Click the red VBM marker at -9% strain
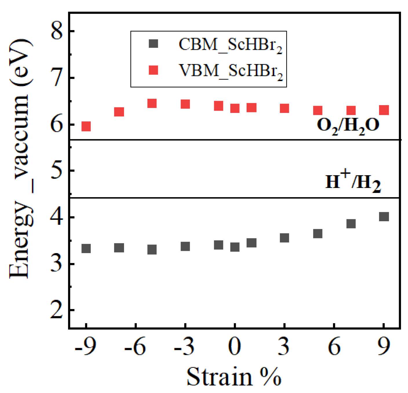pos(86,127)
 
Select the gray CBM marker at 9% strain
pos(384,217)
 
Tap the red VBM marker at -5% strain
pos(152,103)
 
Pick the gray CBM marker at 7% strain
pos(351,224)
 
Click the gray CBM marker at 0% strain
pos(235,247)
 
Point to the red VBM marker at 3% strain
pos(285,108)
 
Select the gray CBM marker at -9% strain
pos(86,248)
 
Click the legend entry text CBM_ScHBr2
pos(230,45)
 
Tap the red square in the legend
pos(153,70)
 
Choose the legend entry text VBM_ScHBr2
pos(231,71)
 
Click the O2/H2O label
pos(348,126)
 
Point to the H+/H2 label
pos(353,182)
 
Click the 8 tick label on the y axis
pos(57,31)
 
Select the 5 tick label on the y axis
pos(57,171)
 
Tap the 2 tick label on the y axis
pos(57,310)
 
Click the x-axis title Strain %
pos(234,376)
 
